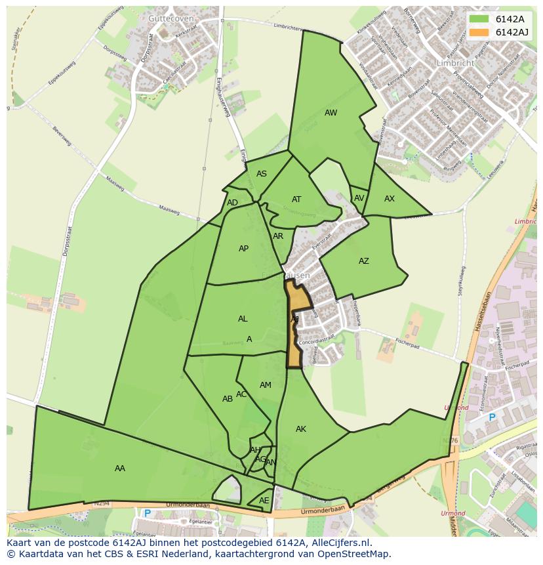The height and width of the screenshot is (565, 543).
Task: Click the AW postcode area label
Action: coord(331,113)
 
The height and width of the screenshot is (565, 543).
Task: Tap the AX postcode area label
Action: coord(390,199)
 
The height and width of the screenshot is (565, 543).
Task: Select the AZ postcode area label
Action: coord(364,261)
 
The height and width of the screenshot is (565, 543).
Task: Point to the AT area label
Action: coord(296,199)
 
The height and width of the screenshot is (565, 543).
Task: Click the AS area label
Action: coord(262,174)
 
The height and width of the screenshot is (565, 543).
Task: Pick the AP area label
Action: coord(243,249)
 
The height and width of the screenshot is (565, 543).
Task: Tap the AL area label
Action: coord(243,319)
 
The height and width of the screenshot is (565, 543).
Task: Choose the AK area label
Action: coord(301,429)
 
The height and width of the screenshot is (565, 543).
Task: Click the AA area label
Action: coord(120,469)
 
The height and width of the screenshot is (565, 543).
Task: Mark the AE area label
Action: coord(264,501)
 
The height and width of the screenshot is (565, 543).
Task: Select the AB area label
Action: coord(228,399)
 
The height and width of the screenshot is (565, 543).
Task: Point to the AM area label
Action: coord(266,385)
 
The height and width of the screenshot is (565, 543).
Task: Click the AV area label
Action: coord(359,198)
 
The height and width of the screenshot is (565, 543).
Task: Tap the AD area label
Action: coord(232,203)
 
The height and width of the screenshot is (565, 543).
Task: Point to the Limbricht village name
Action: coord(454,63)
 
